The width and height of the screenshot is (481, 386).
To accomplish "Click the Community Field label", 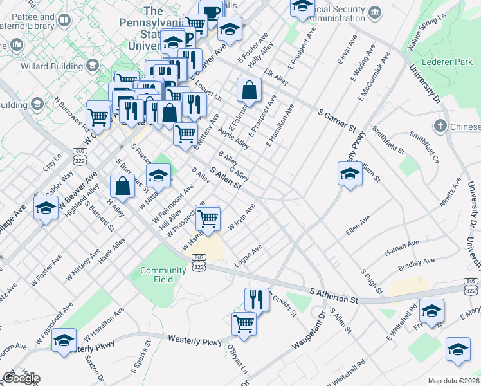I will (x=163, y=275).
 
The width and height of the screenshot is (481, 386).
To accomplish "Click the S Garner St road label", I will (x=338, y=120).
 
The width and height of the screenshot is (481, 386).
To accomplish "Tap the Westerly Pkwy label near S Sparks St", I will (x=194, y=338).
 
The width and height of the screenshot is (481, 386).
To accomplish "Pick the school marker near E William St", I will (x=350, y=174).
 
